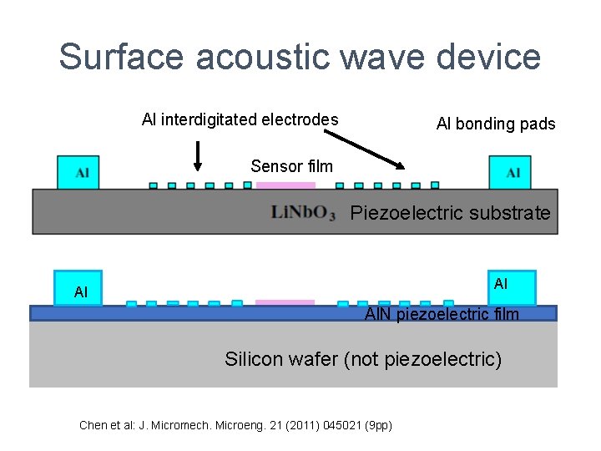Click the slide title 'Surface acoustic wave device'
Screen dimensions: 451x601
[x=300, y=57]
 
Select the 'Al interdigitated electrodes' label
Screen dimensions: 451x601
[x=240, y=119]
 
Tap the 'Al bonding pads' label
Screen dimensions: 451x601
[x=496, y=124]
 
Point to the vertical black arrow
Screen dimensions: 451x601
[x=198, y=155]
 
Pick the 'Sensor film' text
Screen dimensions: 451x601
[x=291, y=166]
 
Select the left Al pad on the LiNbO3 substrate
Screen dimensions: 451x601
[x=78, y=172]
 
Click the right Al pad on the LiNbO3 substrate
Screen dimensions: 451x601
[x=509, y=172]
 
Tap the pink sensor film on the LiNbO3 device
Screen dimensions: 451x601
[x=287, y=185]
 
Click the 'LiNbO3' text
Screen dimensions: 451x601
[x=303, y=213]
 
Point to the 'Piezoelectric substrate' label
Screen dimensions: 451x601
[x=450, y=213]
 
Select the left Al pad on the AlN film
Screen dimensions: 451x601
[x=78, y=288]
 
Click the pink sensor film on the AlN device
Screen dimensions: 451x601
[x=285, y=302]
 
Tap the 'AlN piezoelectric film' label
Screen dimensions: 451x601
[x=442, y=314]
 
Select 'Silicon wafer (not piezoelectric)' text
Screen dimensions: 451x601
[x=363, y=359]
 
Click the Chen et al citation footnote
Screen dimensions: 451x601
[x=235, y=425]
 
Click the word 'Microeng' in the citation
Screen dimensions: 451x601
[x=242, y=425]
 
